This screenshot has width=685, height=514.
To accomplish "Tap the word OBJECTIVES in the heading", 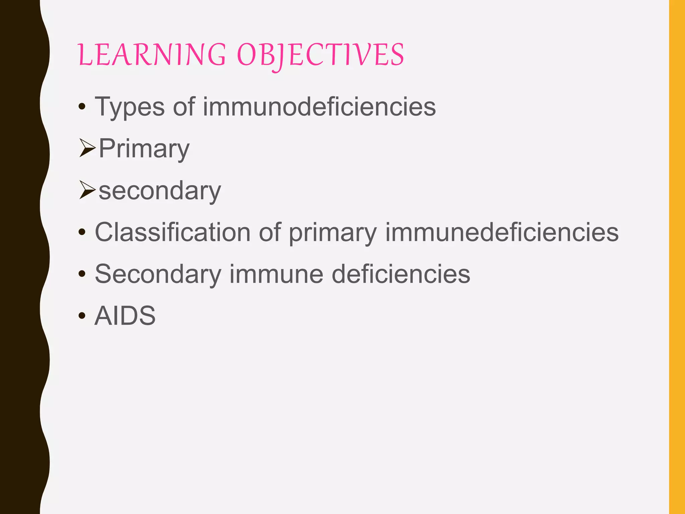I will pos(320,55).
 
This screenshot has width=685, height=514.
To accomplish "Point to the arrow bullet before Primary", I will pos(87,148).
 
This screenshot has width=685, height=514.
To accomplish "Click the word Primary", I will pos(144,149).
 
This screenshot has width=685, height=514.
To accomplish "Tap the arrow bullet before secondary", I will pos(87,190).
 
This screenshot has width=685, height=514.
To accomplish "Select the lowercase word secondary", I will pos(160,191).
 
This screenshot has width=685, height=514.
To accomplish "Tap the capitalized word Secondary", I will pos(158,274).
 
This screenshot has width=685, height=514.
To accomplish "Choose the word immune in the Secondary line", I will pos(276,274).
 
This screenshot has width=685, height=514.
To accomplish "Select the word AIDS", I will pos(125,316).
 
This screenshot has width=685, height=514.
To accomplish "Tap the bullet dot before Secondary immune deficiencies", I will pos(82,274).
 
